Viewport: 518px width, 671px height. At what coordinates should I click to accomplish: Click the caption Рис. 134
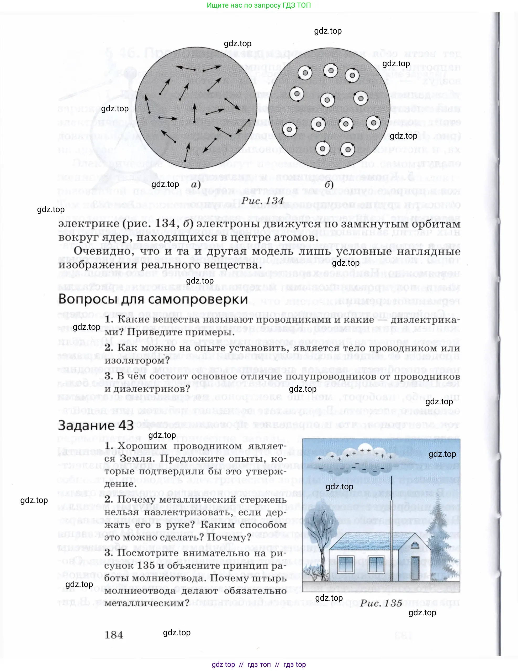[x=262, y=201]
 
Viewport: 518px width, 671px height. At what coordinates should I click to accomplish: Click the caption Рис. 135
[x=381, y=603]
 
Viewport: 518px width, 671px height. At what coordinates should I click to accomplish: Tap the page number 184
[x=114, y=635]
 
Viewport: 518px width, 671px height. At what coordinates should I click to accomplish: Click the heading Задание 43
[x=96, y=426]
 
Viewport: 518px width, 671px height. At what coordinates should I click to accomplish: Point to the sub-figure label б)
[x=329, y=185]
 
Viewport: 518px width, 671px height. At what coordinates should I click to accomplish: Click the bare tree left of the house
[x=319, y=541]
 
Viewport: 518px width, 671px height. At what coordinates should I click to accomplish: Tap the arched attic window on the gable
[x=415, y=546]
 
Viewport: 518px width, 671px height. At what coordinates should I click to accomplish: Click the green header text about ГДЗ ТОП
[x=258, y=5]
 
